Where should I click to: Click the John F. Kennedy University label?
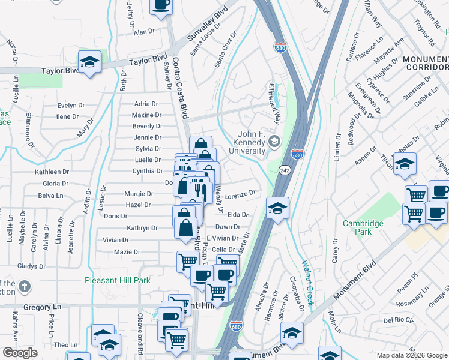(243, 143)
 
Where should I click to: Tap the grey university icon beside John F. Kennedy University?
(274, 142)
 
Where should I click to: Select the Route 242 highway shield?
(284, 171)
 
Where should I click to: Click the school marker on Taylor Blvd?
(89, 62)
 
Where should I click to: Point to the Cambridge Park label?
(363, 227)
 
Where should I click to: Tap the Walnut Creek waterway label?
(308, 282)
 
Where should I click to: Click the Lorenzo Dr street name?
(241, 194)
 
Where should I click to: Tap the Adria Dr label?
(146, 104)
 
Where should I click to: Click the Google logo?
(20, 353)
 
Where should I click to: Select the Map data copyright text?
(411, 355)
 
